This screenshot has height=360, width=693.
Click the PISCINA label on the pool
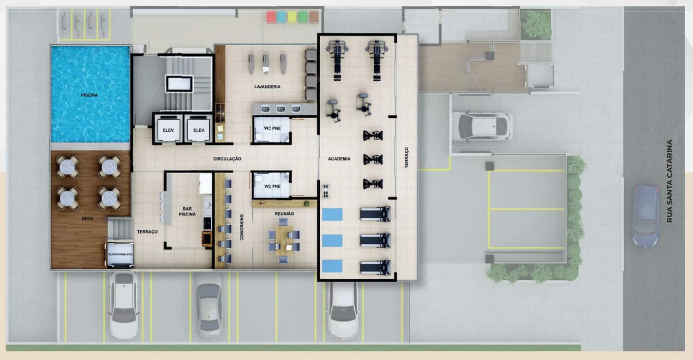pos(90,95)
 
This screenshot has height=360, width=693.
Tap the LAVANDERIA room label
pos(267,87)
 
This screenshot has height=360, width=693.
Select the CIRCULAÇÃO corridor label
pos(227,159)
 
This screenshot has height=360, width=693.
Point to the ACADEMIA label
pos(339,159)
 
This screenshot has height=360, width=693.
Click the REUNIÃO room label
pos(284,214)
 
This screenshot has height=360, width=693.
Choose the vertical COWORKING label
pos(241,227)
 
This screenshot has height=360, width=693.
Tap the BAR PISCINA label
pos(187,212)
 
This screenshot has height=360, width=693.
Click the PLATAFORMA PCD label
pos(120,254)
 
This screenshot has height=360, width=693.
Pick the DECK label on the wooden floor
pos(87,218)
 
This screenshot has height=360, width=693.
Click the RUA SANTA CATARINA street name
pos(669,181)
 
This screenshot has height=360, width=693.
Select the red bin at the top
pos(271,17)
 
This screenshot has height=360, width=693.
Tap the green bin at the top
pos(303,17)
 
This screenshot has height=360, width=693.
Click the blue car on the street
pos(646,216)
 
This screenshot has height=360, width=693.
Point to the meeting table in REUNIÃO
pos(284,240)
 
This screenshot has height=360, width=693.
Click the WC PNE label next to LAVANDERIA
pos(272,128)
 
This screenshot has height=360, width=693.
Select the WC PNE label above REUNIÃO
pos(272,186)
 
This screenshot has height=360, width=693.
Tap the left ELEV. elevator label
pos(168,130)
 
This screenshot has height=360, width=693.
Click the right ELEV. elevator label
pos(199,130)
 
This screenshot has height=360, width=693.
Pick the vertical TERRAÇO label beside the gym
pos(406,158)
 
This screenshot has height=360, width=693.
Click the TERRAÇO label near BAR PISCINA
pos(147,232)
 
